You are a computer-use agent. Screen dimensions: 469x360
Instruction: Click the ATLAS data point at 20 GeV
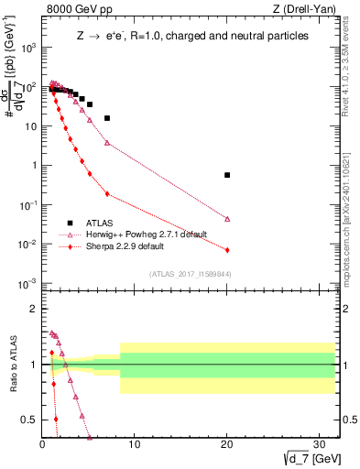(x=227, y=175)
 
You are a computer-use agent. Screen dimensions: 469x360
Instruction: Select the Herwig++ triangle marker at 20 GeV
(x=227, y=219)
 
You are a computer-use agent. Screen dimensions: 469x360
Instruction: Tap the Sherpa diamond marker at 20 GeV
(x=227, y=250)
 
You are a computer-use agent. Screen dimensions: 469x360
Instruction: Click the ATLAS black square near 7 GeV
(x=107, y=118)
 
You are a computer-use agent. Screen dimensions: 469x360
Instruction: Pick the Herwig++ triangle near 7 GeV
(x=107, y=143)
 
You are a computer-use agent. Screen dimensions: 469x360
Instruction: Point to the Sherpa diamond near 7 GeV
(x=107, y=193)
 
